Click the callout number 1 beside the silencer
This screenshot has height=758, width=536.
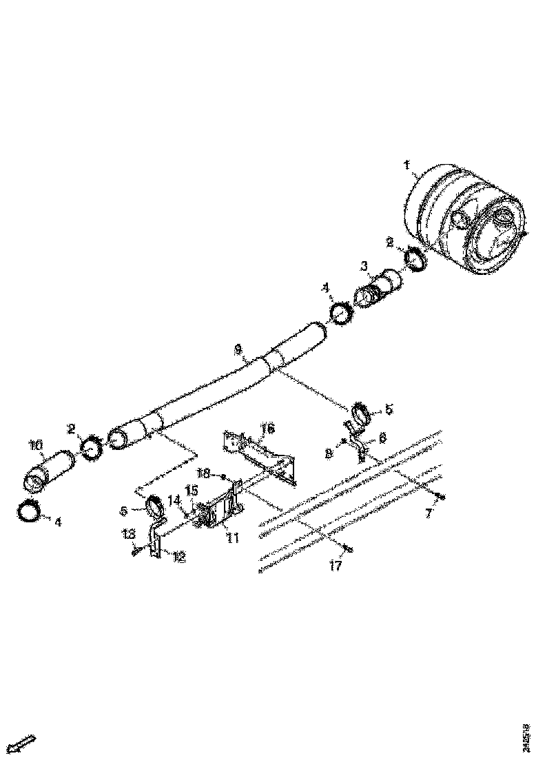406,165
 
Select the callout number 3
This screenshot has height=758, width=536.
365,265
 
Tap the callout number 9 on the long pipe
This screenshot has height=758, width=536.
238,350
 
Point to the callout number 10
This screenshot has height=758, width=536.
35,446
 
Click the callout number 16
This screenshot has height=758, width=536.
267,429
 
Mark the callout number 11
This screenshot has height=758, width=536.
232,537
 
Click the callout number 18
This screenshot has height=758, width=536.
203,474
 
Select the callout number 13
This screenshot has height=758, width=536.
128,534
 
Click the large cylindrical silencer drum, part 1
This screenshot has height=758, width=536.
468,221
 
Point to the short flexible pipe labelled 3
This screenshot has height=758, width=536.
380,287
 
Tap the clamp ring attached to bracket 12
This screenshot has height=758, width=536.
155,508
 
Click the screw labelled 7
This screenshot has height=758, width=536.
442,496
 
